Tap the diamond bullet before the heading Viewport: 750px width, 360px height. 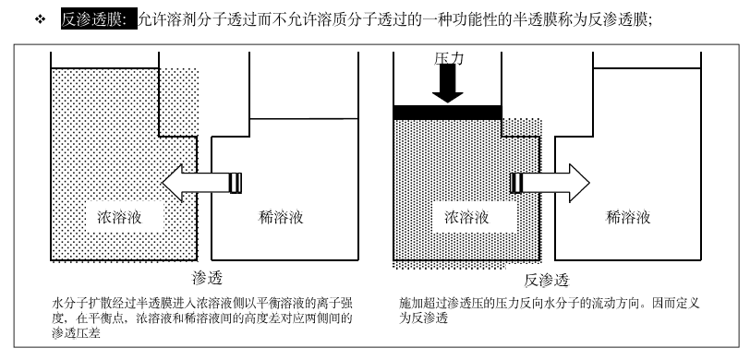(x=41, y=19)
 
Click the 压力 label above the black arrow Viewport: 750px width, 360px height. (x=449, y=58)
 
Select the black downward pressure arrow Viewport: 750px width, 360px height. (x=448, y=83)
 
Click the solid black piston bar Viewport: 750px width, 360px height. (x=447, y=113)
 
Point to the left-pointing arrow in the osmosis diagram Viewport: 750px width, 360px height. (x=201, y=183)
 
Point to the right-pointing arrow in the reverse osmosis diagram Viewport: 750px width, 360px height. (x=550, y=183)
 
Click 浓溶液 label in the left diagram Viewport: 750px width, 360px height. (x=119, y=218)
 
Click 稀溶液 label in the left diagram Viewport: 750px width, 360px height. (x=280, y=218)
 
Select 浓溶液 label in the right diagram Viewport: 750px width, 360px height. (x=466, y=218)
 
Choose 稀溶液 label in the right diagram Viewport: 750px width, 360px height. (x=628, y=218)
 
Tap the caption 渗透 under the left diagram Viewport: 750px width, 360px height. (x=207, y=277)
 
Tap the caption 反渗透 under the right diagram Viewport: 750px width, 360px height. (x=547, y=281)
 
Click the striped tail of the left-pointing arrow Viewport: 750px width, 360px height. (x=236, y=183)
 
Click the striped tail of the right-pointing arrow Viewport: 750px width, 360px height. (x=516, y=183)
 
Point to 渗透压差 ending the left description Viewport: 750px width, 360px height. (x=76, y=332)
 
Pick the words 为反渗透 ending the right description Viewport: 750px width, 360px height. (x=423, y=318)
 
